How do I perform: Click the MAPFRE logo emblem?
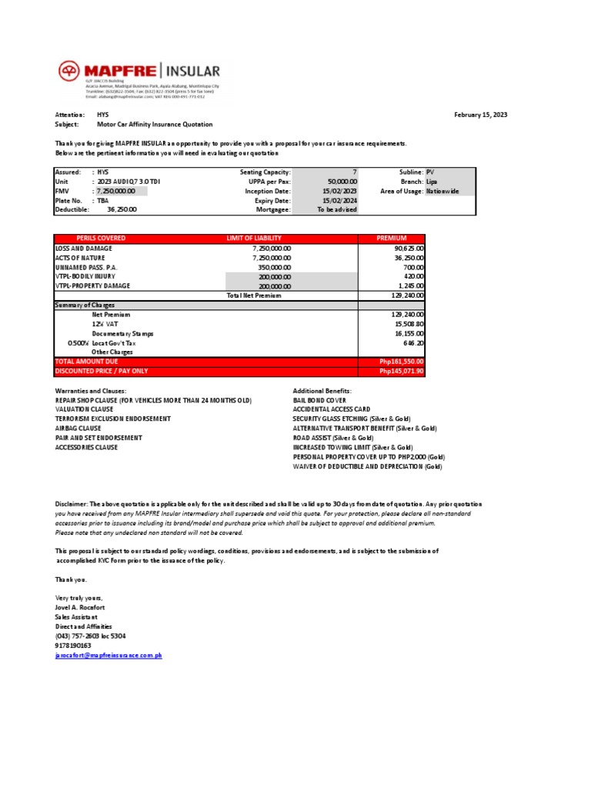coord(69,72)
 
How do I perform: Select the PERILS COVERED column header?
coord(101,239)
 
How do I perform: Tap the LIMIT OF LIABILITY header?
coord(254,239)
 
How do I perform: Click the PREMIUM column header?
coord(391,239)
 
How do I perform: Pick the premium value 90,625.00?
coord(409,249)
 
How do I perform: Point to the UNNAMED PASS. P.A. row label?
coord(84,267)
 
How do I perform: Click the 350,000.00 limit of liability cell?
coord(274,267)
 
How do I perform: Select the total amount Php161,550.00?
coord(402,362)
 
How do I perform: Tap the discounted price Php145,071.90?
coord(402,371)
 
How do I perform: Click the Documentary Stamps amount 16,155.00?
coord(409,334)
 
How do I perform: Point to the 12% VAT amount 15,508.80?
coord(409,325)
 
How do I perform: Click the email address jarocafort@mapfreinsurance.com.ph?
coord(108,655)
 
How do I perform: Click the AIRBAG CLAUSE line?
coord(78,428)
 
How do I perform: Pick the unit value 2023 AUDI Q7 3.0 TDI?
coord(129,181)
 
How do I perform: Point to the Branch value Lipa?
coord(432,181)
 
